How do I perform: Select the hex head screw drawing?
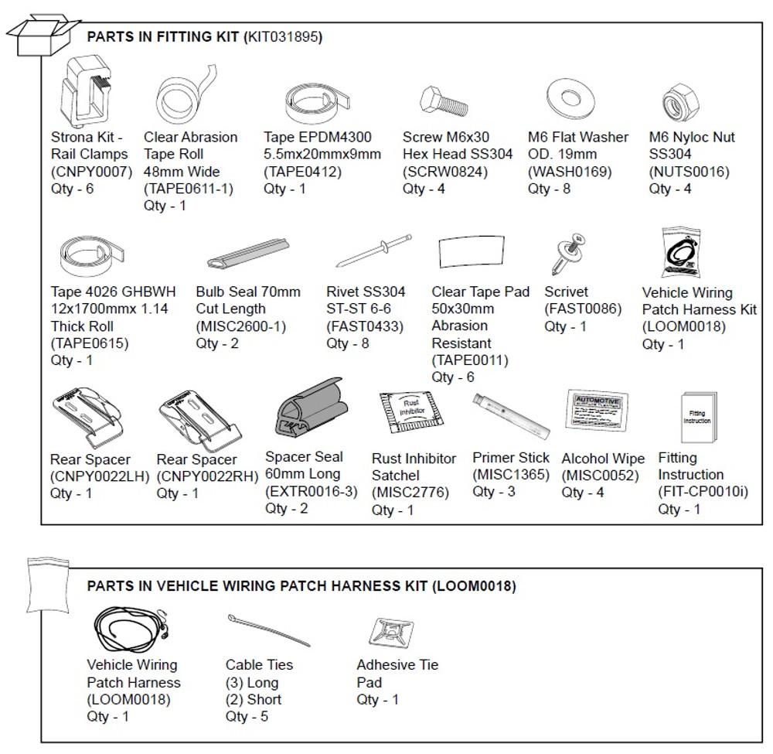click(443, 103)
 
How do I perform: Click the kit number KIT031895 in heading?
click(284, 36)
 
